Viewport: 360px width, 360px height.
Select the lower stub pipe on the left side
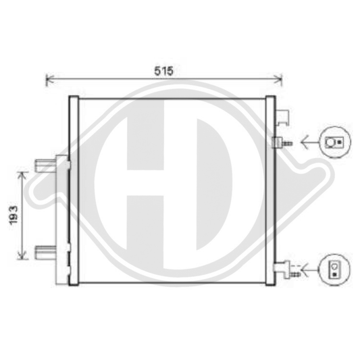pos(42,254)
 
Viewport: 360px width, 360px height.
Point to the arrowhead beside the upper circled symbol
pos(304,143)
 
